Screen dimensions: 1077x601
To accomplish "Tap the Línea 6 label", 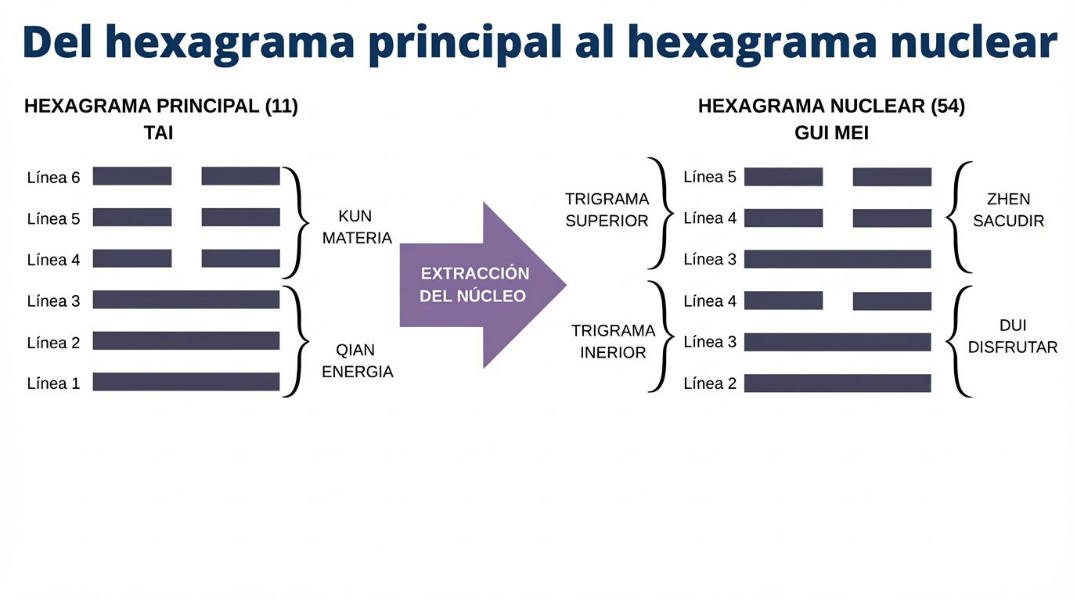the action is coord(53,178).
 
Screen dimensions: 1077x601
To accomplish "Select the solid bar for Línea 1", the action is coord(186,382).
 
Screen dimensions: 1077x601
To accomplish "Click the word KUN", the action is coord(355,216).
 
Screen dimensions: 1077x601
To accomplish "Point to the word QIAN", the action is coord(355,350).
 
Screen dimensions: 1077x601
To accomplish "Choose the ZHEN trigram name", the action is coord(1008,199).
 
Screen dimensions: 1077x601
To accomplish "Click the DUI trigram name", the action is coord(1013,326).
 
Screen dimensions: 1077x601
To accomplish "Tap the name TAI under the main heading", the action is coord(158,133).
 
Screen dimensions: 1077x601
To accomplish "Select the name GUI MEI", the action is coord(831,133).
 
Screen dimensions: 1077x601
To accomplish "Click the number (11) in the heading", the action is coord(282,106).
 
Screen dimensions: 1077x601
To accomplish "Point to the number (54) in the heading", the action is coord(948,106).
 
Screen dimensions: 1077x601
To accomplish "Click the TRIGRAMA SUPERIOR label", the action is coord(607,210).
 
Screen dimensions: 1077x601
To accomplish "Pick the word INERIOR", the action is coord(613,352).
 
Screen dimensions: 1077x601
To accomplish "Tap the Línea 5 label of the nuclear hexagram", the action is coord(710,177).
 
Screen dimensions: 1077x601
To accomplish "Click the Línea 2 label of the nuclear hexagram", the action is coord(710,383).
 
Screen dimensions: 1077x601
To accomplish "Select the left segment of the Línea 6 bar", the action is coord(132,176).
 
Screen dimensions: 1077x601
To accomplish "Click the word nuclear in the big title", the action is coord(974,41).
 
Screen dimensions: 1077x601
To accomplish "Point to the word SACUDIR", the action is coord(1008,221).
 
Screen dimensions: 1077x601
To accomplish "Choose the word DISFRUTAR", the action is coord(1013,347).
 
